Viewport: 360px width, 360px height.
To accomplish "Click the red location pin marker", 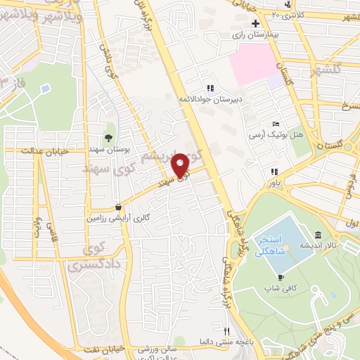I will point(182,166).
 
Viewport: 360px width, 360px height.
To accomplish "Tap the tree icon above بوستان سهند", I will point(108,137).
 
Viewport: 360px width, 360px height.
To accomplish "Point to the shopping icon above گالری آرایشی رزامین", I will point(117,207).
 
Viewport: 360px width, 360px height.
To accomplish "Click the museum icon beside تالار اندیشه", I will point(318,235).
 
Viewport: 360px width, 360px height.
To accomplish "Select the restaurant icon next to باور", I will point(274,172).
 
